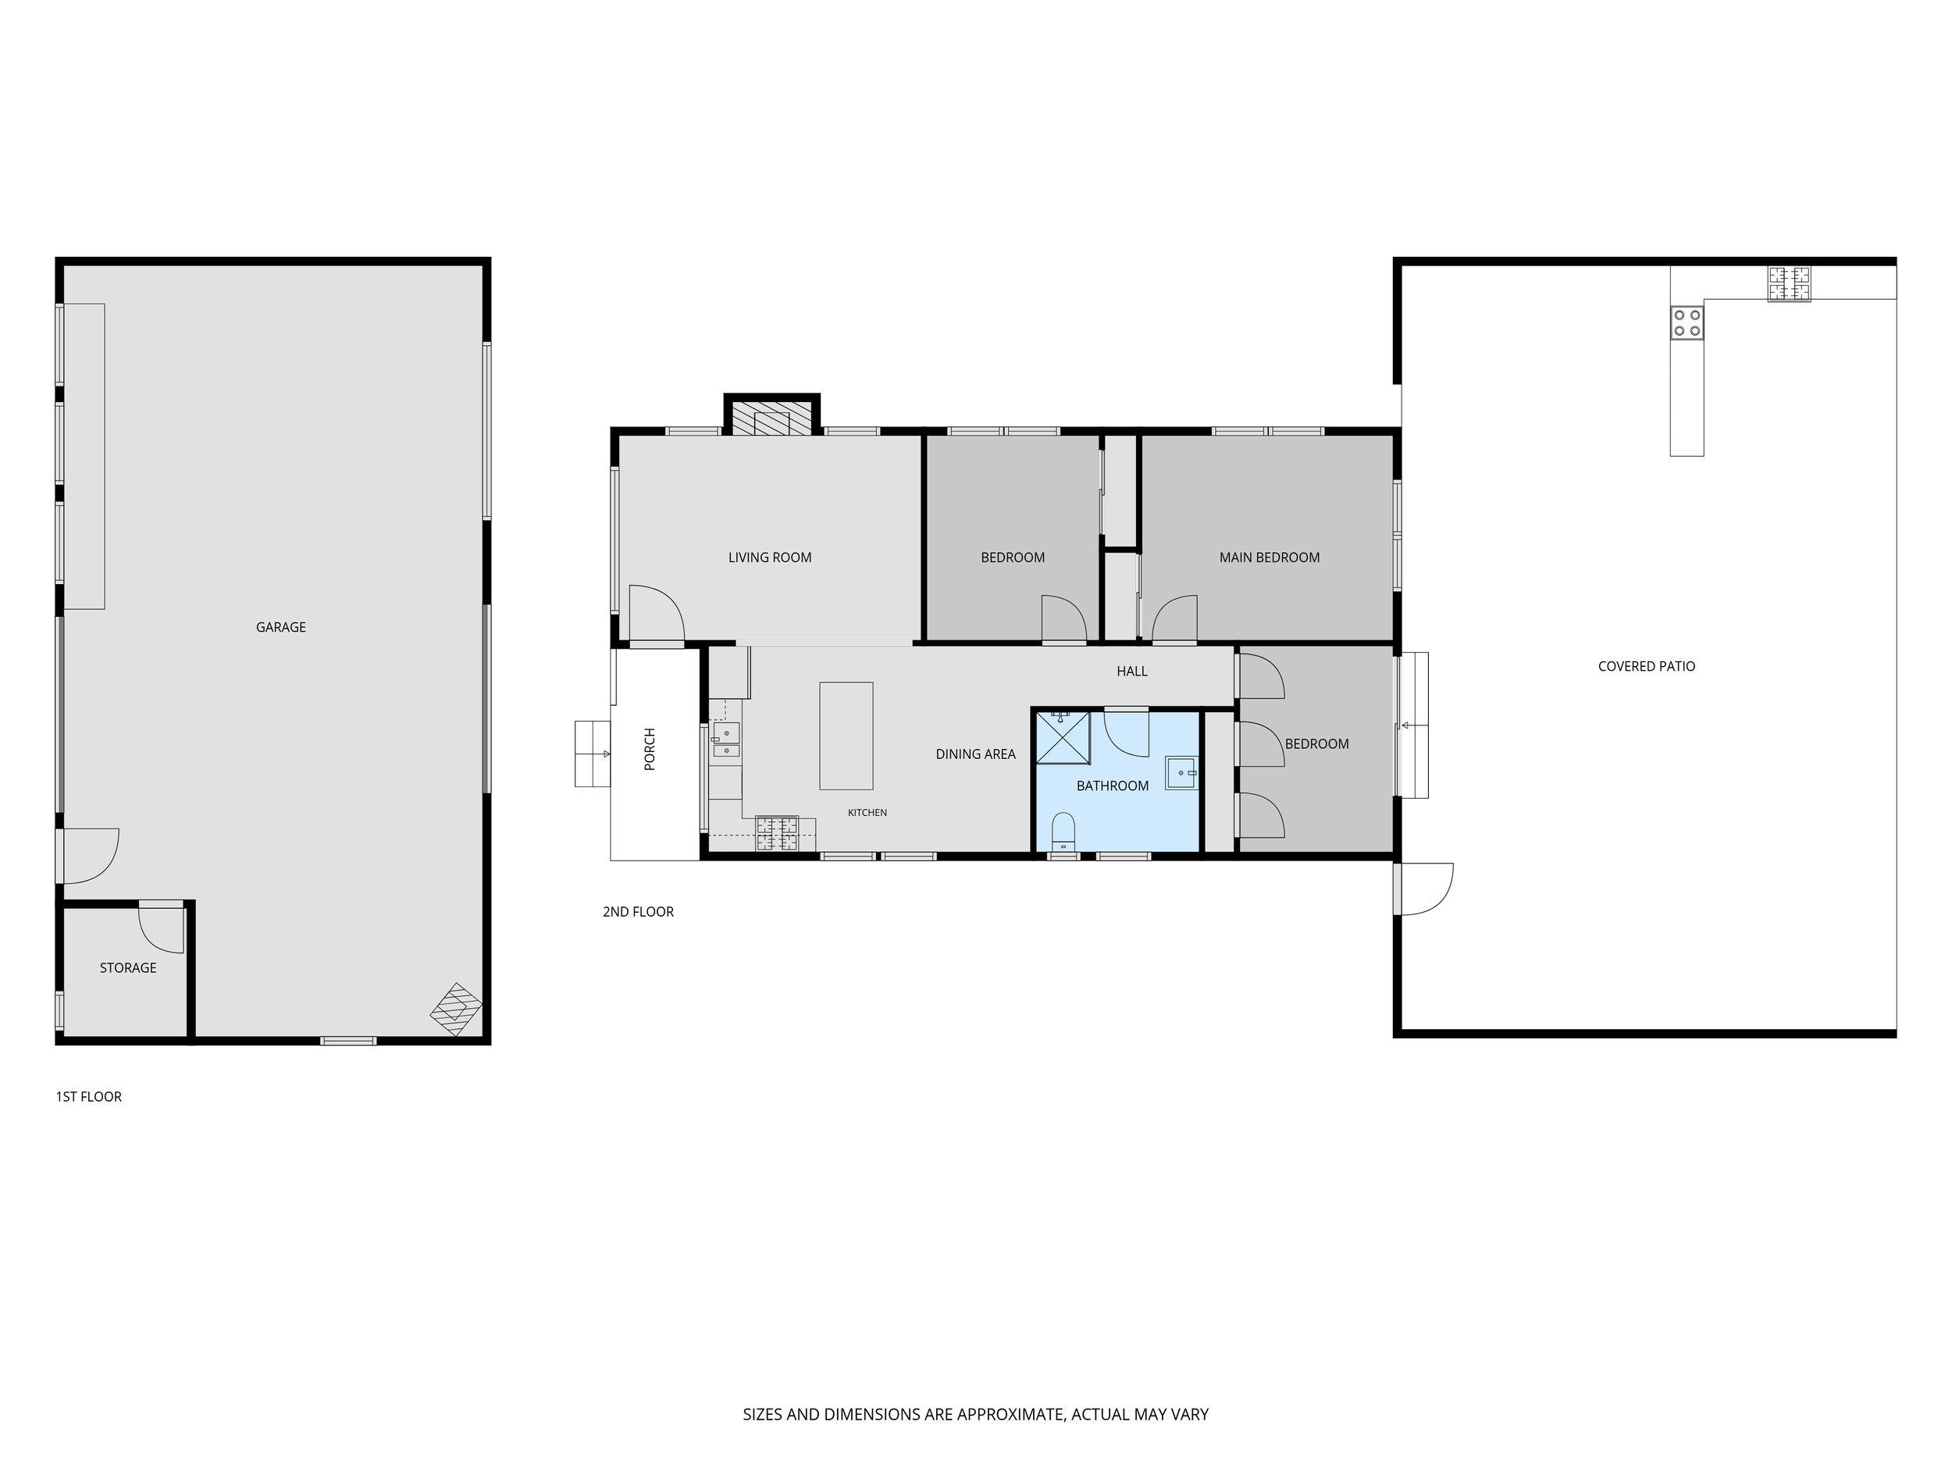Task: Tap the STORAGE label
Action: tap(128, 968)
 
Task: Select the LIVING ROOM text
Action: tap(770, 557)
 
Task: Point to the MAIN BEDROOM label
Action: tap(1269, 557)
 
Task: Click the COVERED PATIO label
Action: tap(1647, 666)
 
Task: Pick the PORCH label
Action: tap(650, 750)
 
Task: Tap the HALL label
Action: tap(1132, 671)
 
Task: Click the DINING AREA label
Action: tap(975, 754)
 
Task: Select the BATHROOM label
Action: tap(1112, 786)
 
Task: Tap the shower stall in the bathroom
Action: tap(1063, 737)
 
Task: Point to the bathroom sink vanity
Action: tap(1181, 772)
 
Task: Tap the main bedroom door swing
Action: tap(1174, 618)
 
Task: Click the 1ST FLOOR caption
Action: tap(88, 1097)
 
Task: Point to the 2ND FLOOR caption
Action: tap(638, 911)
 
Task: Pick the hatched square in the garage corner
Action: tap(456, 1010)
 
